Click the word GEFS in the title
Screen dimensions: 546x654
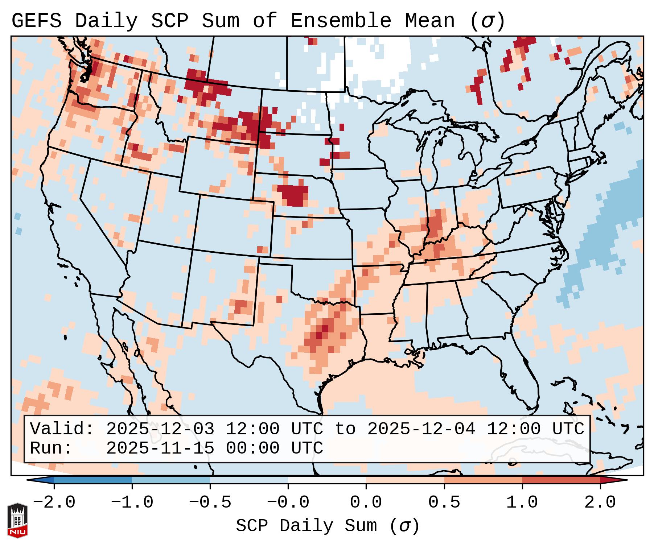(x=36, y=21)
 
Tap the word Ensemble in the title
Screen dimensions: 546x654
(x=341, y=21)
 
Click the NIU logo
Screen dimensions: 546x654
(x=17, y=520)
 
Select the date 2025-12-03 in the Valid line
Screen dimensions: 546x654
(x=160, y=429)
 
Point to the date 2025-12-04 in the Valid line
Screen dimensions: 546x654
(x=421, y=429)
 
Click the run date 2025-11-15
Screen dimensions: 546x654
(x=160, y=448)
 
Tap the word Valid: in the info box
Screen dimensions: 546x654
(x=62, y=429)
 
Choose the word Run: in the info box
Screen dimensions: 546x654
(x=51, y=448)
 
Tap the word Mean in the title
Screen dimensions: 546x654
(x=429, y=21)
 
